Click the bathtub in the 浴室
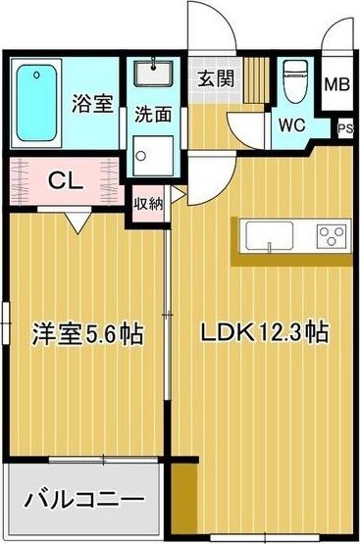tap(36, 103)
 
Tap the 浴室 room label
tap(92, 103)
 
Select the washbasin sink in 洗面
tap(153, 74)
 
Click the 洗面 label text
tap(153, 114)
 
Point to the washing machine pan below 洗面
tap(153, 156)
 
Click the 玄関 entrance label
tap(216, 78)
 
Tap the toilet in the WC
tap(295, 81)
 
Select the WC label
tap(292, 124)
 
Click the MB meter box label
tap(336, 84)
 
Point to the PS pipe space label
tap(345, 128)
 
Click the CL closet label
tap(66, 181)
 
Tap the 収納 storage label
tap(148, 204)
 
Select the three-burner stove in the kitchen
tap(332, 236)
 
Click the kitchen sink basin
tap(270, 235)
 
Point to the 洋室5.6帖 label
tap(87, 334)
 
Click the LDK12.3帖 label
tap(265, 332)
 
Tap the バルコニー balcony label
tap(84, 500)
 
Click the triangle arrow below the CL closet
tap(78, 223)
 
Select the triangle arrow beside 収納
tap(178, 195)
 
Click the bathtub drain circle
tap(36, 74)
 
